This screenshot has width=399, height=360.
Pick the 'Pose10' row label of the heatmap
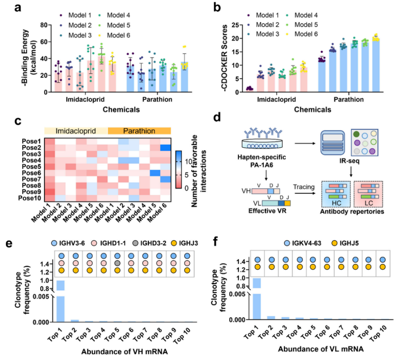[30, 199]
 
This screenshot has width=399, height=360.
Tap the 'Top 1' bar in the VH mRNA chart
[61, 301]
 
